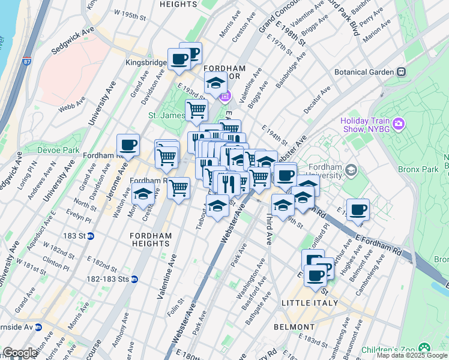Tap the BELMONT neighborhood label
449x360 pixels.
coord(294,327)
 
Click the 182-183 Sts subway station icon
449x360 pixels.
coord(135,279)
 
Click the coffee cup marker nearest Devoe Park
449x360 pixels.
coord(128,145)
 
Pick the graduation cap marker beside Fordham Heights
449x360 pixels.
coord(142,195)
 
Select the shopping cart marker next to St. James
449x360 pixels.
coord(196,110)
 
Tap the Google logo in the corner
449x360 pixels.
coord(20,353)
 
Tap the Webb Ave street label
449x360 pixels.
coord(71,108)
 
